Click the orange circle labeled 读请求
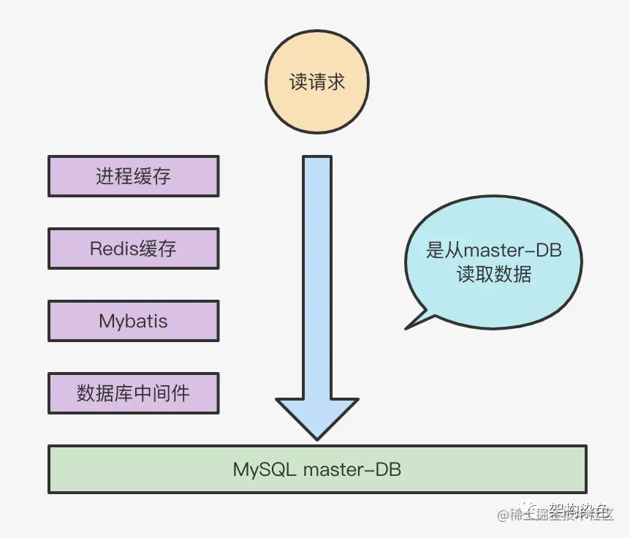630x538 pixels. click(317, 82)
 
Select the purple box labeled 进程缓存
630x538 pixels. click(133, 176)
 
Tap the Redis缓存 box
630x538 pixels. click(133, 249)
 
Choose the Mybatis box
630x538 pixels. click(133, 321)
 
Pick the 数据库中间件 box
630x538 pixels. click(133, 393)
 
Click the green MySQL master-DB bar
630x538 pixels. click(317, 469)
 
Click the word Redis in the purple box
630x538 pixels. click(113, 249)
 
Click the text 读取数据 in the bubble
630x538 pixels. click(493, 276)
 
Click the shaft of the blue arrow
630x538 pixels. click(317, 278)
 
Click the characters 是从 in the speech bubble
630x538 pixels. click(445, 250)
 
